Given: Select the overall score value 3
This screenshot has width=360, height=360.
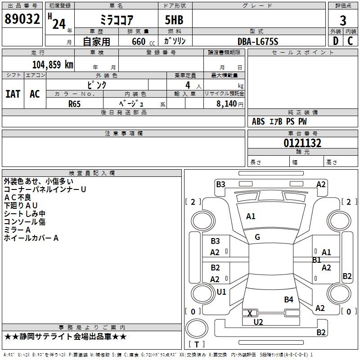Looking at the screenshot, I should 343,21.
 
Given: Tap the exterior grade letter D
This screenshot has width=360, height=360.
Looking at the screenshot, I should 335,41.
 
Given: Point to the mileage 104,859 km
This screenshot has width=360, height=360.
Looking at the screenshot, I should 53,64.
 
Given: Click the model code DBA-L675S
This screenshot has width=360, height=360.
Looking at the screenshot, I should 258,41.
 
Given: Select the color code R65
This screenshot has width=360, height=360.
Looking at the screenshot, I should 75,103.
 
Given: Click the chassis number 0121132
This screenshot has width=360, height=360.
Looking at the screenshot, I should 302,143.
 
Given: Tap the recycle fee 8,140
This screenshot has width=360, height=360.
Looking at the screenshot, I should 224,103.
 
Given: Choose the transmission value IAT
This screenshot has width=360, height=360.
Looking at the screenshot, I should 13,94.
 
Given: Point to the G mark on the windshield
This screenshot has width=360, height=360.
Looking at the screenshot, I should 257,237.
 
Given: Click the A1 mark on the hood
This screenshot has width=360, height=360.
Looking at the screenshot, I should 251,216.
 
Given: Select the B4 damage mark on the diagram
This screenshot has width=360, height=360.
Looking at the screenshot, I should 288,299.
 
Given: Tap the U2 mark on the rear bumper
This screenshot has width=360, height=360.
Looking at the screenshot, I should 258,322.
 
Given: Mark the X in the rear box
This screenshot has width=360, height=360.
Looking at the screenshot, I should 250,313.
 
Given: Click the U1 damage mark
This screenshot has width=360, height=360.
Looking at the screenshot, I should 221,292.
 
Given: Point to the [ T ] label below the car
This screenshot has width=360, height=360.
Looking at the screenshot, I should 197,344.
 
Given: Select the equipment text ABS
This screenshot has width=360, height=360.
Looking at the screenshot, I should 258,121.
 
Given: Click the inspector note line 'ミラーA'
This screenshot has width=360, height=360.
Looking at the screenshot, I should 18,229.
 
